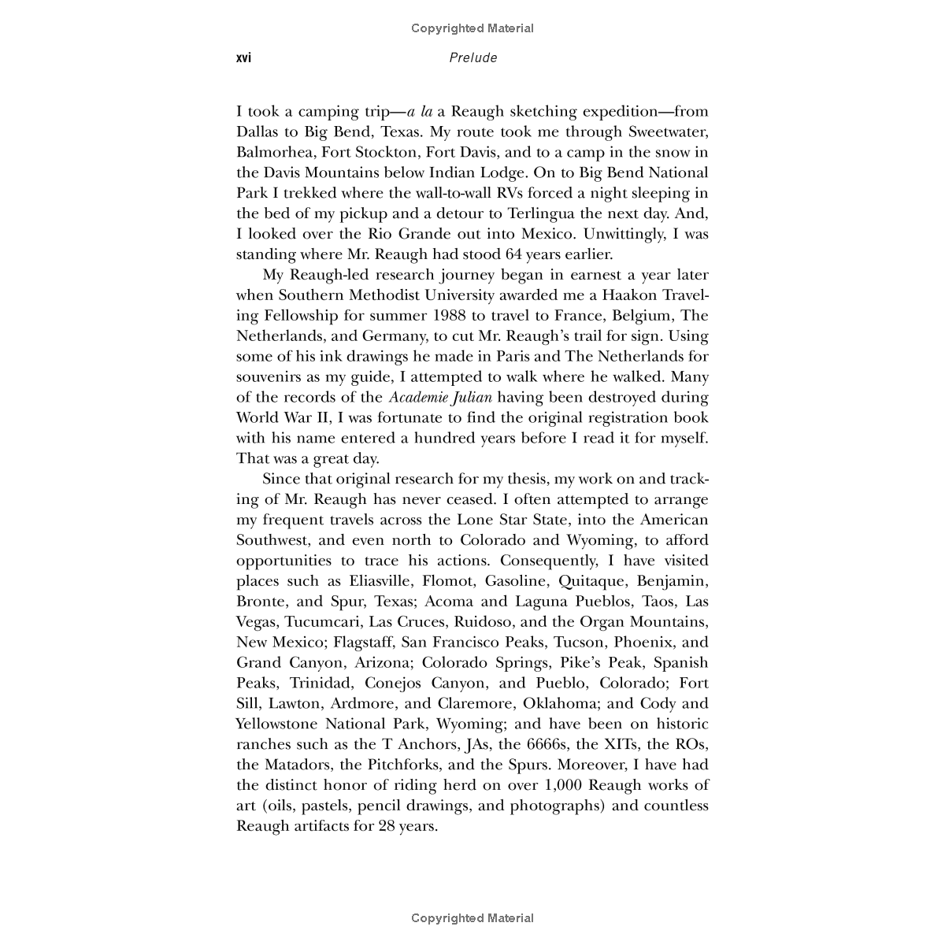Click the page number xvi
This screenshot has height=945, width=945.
tap(243, 58)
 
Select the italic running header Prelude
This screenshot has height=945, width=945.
tap(472, 58)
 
